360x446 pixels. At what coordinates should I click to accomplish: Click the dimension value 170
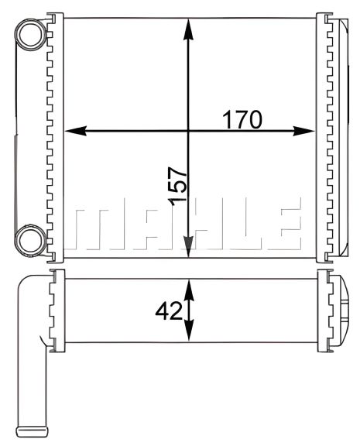pyautogui.click(x=243, y=119)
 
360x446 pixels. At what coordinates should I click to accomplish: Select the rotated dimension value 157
pyautogui.click(x=177, y=186)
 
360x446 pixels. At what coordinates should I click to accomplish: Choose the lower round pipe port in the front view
pyautogui.click(x=32, y=238)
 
